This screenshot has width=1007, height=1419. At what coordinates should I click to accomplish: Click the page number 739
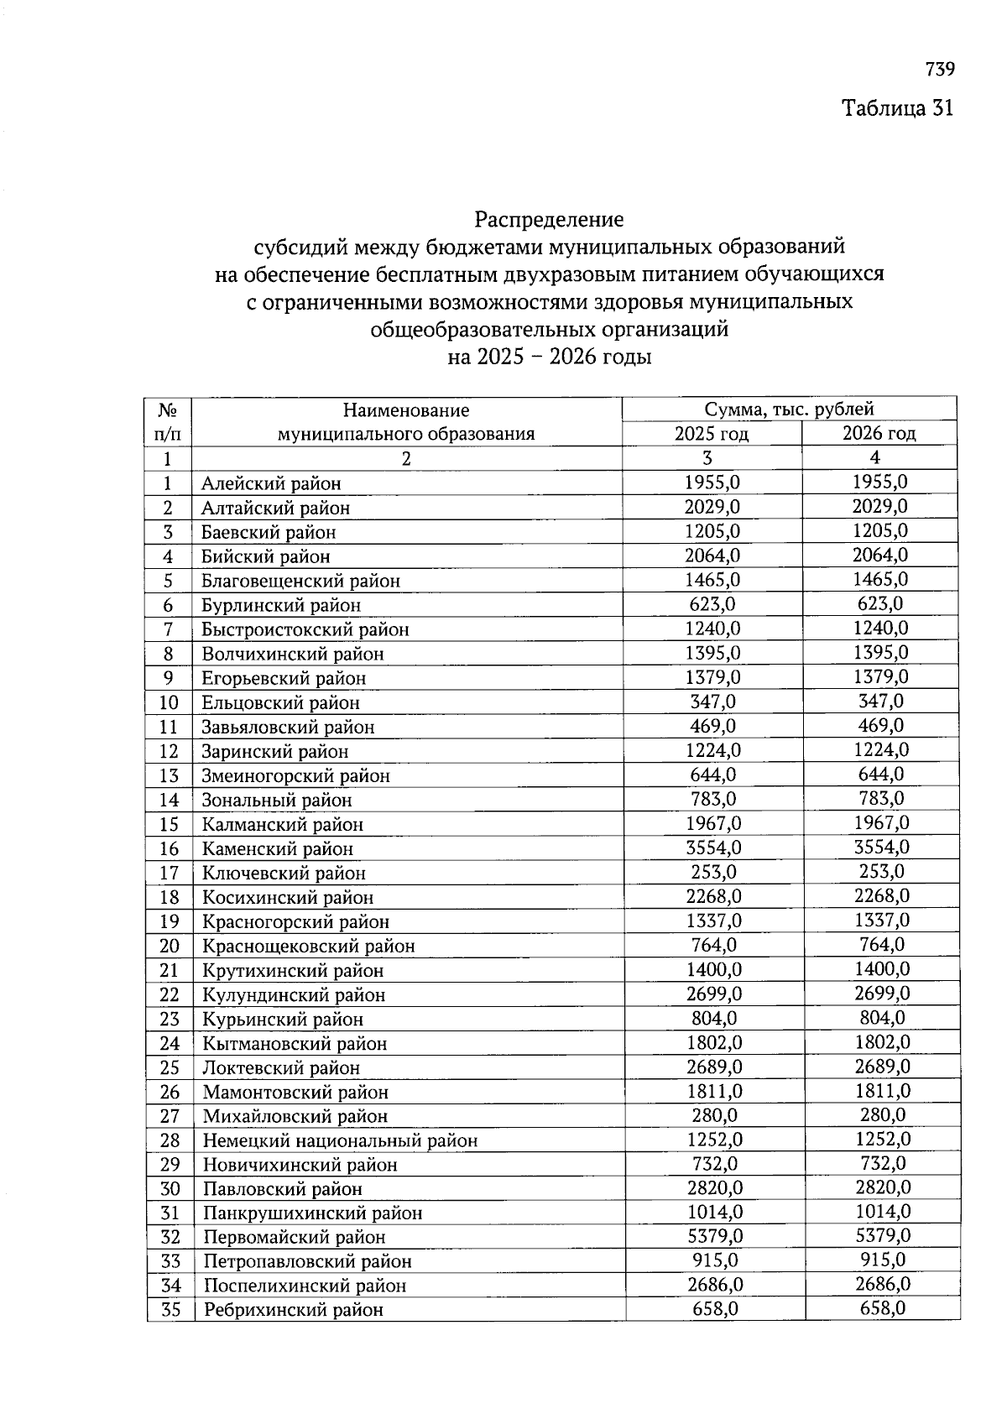[x=940, y=69]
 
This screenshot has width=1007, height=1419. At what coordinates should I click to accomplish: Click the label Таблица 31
[x=898, y=108]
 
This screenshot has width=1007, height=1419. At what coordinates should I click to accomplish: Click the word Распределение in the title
[x=549, y=220]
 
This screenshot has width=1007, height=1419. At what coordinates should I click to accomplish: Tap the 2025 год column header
[x=712, y=434]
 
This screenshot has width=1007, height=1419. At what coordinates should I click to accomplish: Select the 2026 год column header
[x=879, y=434]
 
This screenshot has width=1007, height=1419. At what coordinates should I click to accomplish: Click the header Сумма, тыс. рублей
[x=789, y=410]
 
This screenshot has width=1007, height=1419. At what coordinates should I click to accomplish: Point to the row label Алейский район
[x=271, y=483]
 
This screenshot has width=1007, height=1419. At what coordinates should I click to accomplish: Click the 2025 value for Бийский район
[x=712, y=556]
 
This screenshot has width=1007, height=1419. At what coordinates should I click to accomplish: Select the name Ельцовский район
[x=280, y=702]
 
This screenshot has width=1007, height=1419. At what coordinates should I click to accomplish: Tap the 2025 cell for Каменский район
[x=713, y=848]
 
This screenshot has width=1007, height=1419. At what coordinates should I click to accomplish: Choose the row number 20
[x=170, y=946]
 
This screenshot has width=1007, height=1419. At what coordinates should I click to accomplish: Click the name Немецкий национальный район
[x=340, y=1140]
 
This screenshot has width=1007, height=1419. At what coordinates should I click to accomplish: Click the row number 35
[x=170, y=1309]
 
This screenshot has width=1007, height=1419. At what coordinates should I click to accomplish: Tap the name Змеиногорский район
[x=295, y=775]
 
